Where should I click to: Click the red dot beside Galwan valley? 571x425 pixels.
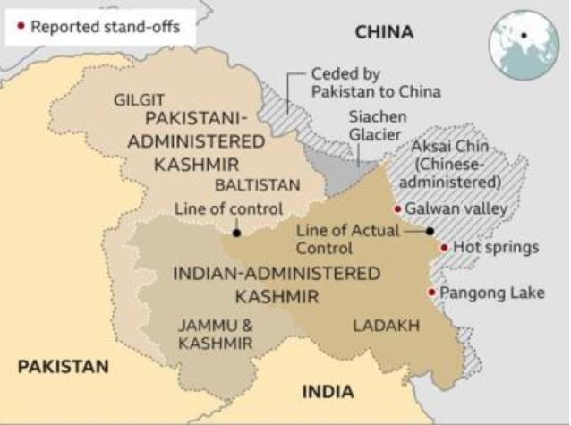point(397,208)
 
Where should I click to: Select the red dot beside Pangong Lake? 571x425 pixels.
point(431,292)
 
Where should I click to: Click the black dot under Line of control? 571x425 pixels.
point(236,233)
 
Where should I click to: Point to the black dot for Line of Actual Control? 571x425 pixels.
point(430,231)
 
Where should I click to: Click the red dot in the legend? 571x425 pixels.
point(21,26)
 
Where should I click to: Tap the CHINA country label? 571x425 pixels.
point(384,32)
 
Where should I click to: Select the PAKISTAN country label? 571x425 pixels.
point(63,366)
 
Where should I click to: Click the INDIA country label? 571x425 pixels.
point(327,391)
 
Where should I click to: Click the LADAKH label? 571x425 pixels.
point(386,326)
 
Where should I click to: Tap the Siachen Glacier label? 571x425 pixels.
point(376,126)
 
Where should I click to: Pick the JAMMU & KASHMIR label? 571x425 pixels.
point(214,335)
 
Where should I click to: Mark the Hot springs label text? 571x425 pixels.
point(496,247)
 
